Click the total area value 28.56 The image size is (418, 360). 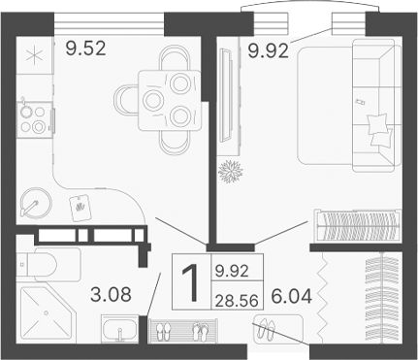(x=232, y=300)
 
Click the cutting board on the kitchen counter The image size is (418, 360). (x=80, y=207)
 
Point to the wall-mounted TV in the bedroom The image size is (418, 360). (x=225, y=94)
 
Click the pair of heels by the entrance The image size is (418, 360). (x=264, y=334)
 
